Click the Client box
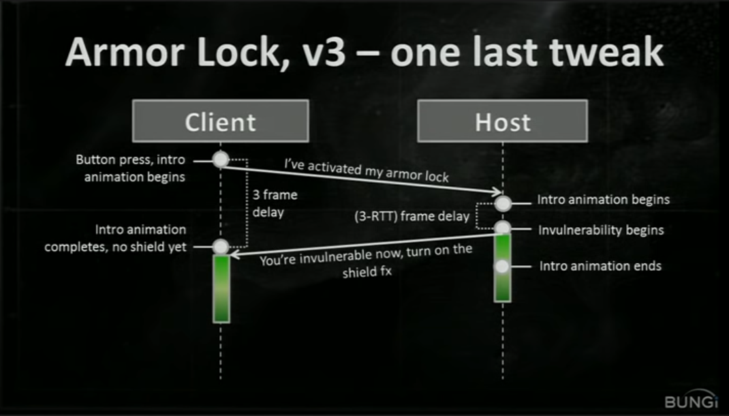coord(220,121)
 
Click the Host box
coord(502,121)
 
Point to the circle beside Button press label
coord(221,160)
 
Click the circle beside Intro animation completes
coord(221,246)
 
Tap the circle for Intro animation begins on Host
coord(503,203)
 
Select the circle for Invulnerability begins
coord(503,228)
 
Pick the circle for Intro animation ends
coord(503,266)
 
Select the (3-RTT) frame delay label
coord(412,217)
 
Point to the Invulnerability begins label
coord(601,230)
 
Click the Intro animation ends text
coord(600,266)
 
